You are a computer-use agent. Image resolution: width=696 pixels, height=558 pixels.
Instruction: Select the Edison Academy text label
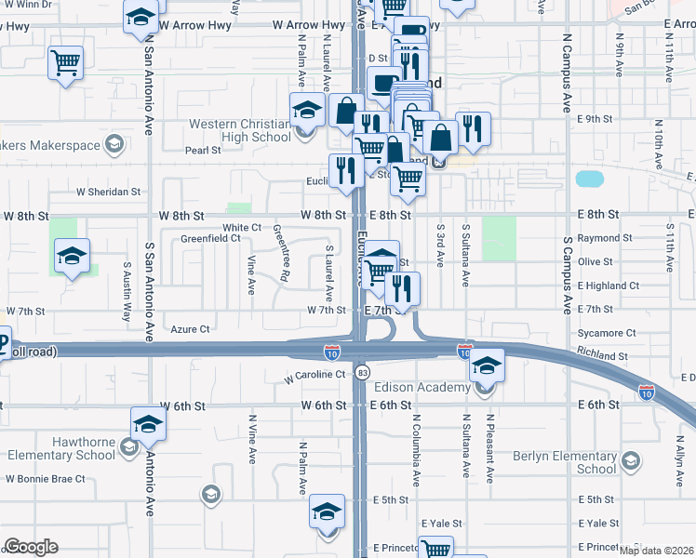coord(422,387)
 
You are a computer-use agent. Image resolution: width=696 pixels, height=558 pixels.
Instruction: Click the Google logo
coord(31,547)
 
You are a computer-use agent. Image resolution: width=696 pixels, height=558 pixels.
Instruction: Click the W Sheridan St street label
coord(108,193)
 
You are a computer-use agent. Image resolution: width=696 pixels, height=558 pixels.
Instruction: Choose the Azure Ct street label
coord(191,328)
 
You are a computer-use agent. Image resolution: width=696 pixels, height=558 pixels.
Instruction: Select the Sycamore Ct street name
coord(606,332)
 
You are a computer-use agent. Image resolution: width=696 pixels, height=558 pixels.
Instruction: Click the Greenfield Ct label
coord(210,239)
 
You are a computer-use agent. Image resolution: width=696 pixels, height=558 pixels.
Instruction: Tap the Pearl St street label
coord(202,149)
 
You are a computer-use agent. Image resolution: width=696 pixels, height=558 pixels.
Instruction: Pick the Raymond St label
coord(598,238)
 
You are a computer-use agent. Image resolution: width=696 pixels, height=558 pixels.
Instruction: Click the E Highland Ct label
coord(609,286)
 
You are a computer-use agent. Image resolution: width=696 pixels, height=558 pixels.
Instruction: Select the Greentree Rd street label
coord(279,252)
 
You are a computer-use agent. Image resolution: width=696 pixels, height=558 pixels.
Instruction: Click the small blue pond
coord(589,178)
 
